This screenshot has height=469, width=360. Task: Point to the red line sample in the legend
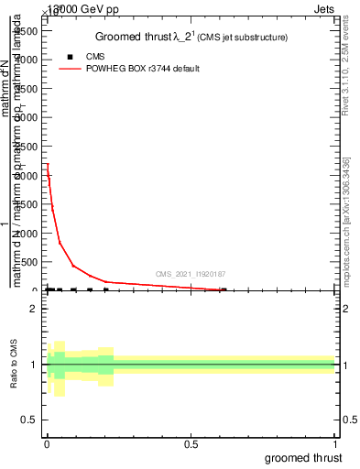point(71,69)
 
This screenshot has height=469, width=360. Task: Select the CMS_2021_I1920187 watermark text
point(190,274)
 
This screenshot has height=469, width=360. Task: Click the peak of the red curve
point(47,164)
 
